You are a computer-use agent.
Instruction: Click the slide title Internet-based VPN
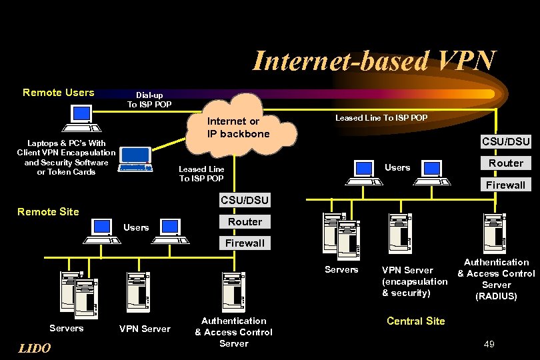pos(374,61)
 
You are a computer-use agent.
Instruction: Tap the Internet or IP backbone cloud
pos(238,128)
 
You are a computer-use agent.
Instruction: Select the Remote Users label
pos(59,93)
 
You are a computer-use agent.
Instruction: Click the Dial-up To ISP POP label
pos(149,99)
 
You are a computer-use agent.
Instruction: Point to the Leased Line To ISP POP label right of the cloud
pos(381,118)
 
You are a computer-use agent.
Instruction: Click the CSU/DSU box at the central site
pos(505,141)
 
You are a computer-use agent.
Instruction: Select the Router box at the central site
pos(505,163)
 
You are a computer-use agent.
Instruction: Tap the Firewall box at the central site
pos(505,185)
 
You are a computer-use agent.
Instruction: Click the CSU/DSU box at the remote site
pos(245,200)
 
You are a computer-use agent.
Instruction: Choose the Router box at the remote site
pos(245,221)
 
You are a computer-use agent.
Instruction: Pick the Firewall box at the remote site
pos(245,243)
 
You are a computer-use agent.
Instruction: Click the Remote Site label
pos(48,212)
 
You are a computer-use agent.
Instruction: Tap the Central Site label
pos(415,321)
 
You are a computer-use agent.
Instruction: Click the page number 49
pos(489,344)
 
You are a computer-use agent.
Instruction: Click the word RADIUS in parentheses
pos(496,296)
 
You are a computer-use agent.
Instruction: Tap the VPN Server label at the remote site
pos(145,329)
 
